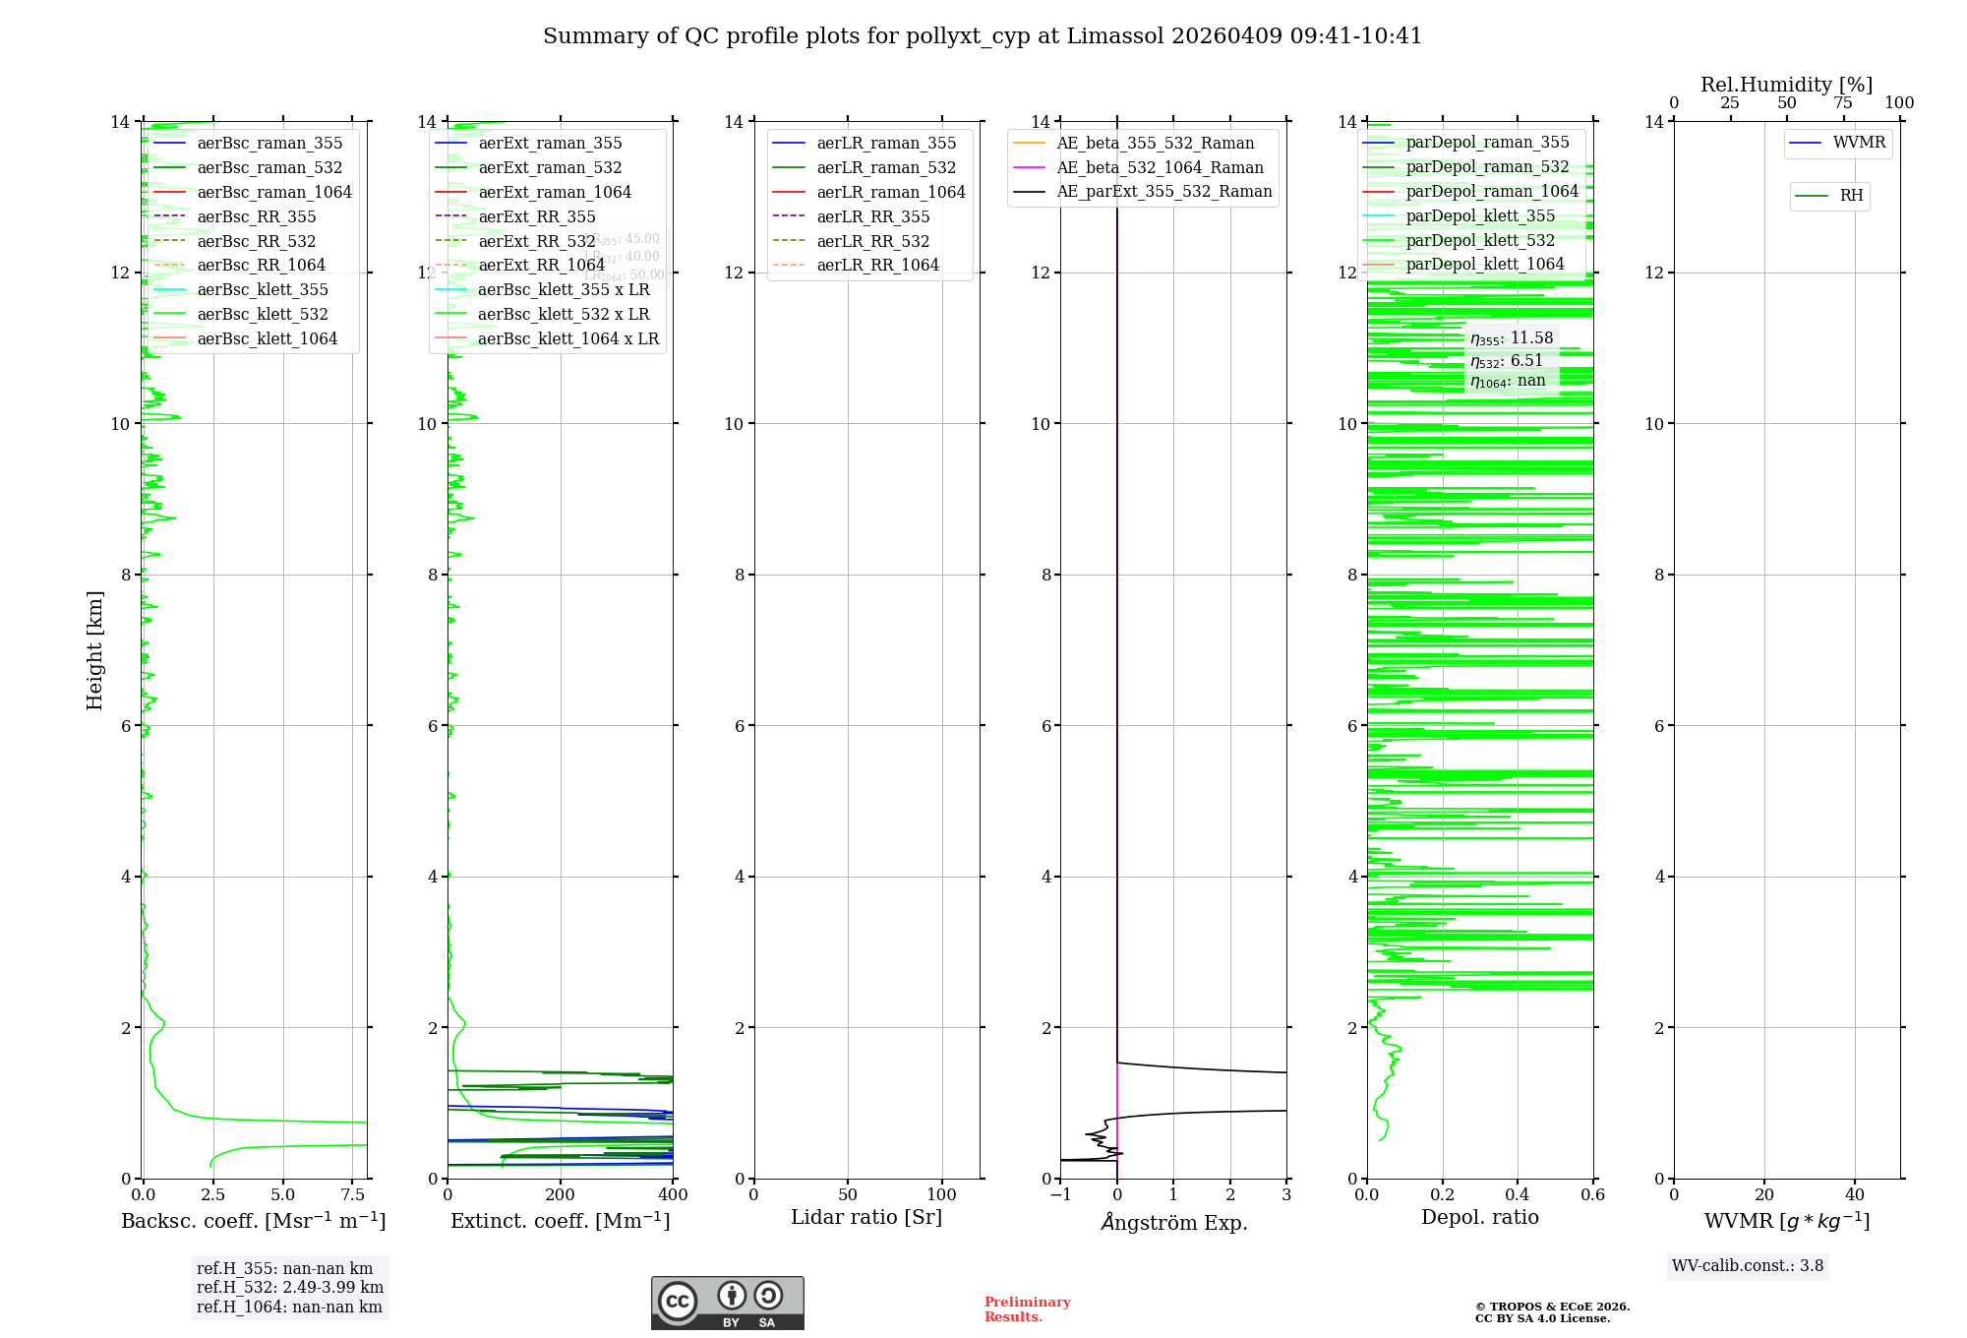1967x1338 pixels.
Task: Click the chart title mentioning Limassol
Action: coord(983,36)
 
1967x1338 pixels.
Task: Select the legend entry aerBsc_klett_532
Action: coord(263,315)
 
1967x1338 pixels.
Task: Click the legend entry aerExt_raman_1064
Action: coord(555,193)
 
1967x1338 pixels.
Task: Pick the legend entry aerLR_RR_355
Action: coord(872,217)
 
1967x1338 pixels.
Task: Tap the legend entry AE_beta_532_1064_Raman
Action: coord(1160,168)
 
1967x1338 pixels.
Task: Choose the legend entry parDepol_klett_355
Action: coord(1480,216)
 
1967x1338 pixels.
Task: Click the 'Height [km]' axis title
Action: coord(94,650)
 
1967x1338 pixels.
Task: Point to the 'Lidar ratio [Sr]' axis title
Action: coord(866,1218)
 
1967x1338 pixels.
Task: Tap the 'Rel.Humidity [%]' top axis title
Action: coord(1786,85)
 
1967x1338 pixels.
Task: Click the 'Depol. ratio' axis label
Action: coord(1479,1218)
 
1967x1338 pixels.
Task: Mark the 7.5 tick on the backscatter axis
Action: coord(353,1195)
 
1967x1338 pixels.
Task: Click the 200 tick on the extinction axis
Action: coord(561,1195)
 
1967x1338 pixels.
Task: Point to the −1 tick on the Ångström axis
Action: coord(1060,1195)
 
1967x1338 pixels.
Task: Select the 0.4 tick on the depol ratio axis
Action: coord(1518,1195)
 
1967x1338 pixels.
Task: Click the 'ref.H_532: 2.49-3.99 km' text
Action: coord(290,1288)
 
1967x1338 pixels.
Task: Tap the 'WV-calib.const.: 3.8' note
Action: coord(1748,1266)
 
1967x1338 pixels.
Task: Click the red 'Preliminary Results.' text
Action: coord(1027,1309)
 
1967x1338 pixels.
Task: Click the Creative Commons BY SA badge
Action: coord(727,1304)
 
